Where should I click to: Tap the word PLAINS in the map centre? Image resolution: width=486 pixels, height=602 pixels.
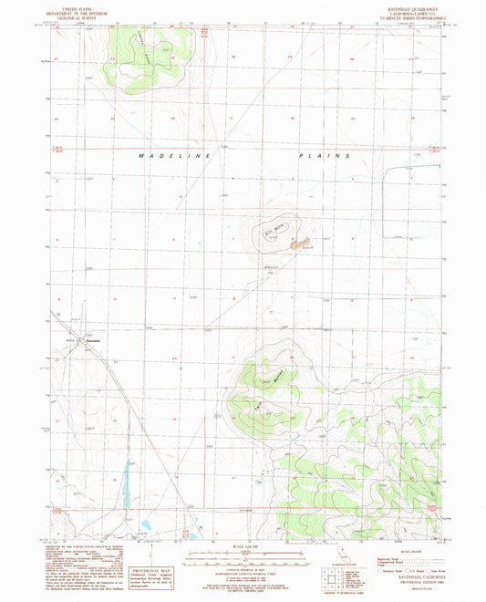coord(324,156)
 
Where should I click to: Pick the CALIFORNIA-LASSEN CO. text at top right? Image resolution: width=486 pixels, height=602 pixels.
coord(404,13)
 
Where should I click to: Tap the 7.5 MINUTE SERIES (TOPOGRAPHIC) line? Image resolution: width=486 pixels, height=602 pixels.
coord(404,17)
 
